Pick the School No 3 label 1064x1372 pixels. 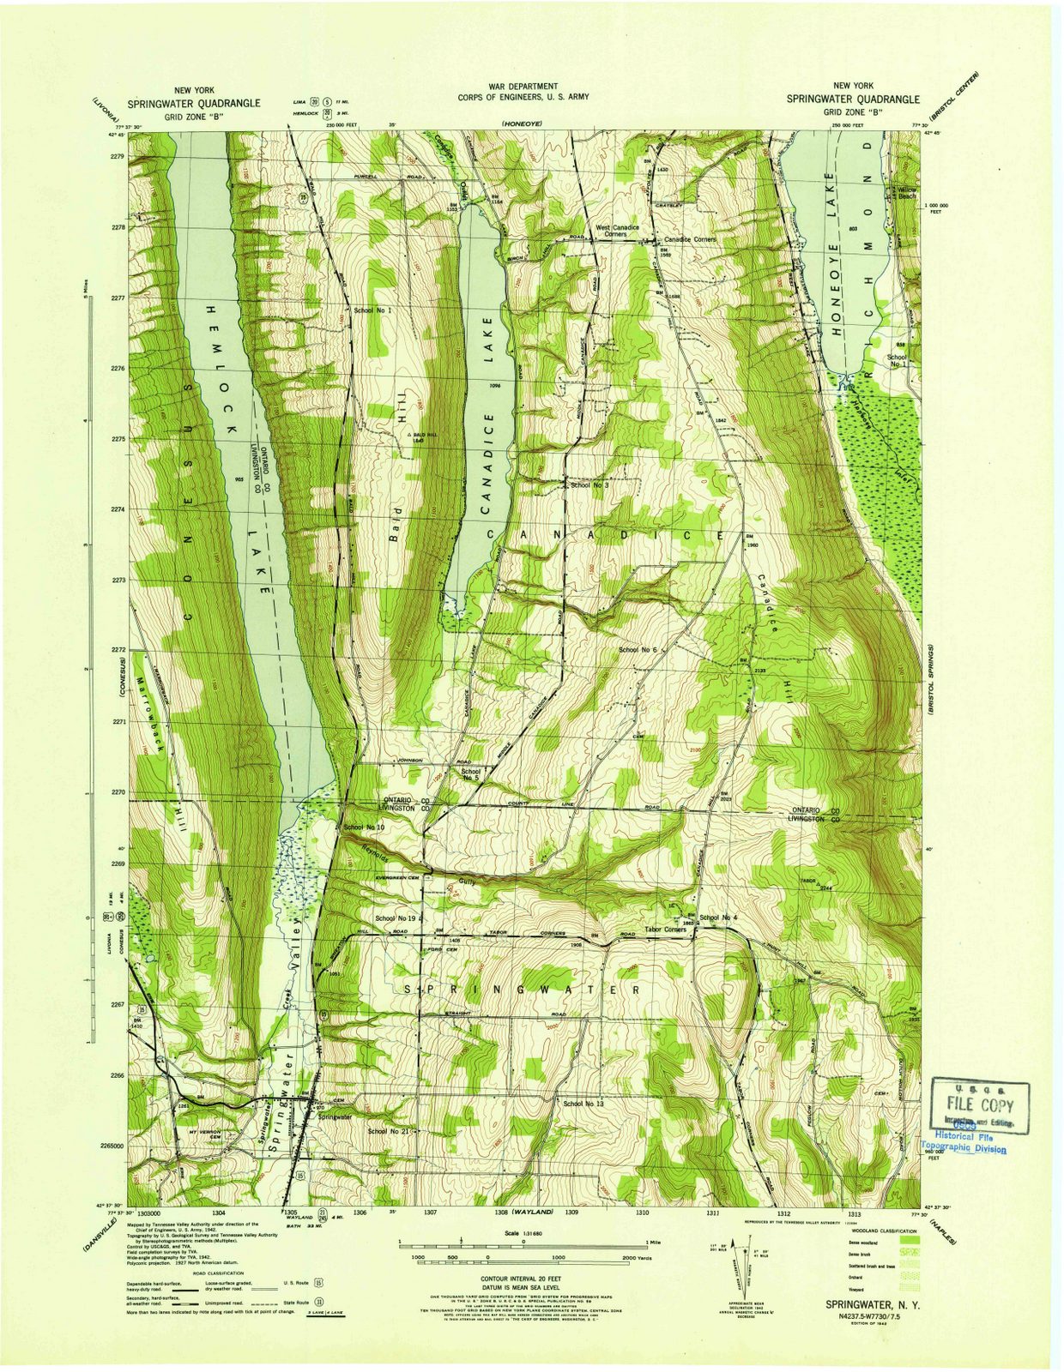[x=589, y=485]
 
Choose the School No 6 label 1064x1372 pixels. [x=637, y=650]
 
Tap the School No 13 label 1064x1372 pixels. [x=583, y=1103]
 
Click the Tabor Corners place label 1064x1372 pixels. [x=664, y=930]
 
